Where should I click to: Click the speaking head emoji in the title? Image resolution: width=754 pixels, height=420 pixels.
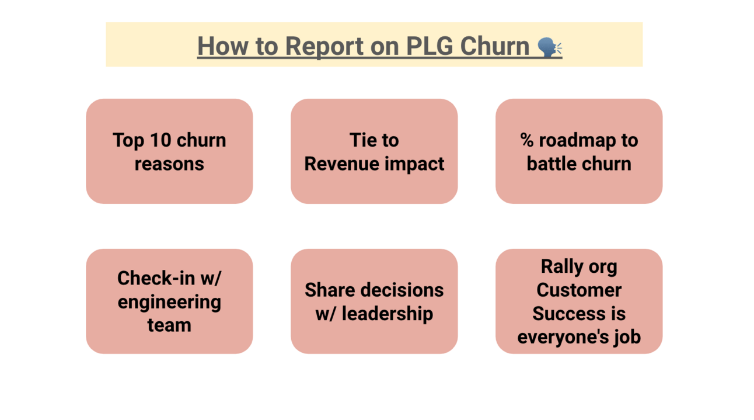tap(550, 47)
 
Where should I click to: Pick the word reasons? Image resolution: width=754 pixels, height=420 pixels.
tap(169, 164)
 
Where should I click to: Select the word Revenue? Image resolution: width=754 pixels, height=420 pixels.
tap(341, 164)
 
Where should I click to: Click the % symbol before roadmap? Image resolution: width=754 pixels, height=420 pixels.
tap(527, 140)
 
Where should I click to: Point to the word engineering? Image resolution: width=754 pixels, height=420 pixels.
tap(169, 302)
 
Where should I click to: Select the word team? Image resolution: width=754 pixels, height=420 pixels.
tap(169, 325)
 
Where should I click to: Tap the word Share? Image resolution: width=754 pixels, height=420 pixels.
tap(329, 290)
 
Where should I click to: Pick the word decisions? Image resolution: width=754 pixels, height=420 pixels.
tap(401, 290)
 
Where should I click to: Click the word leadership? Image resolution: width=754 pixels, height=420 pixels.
tap(388, 314)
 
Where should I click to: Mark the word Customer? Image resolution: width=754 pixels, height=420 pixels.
tap(579, 290)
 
